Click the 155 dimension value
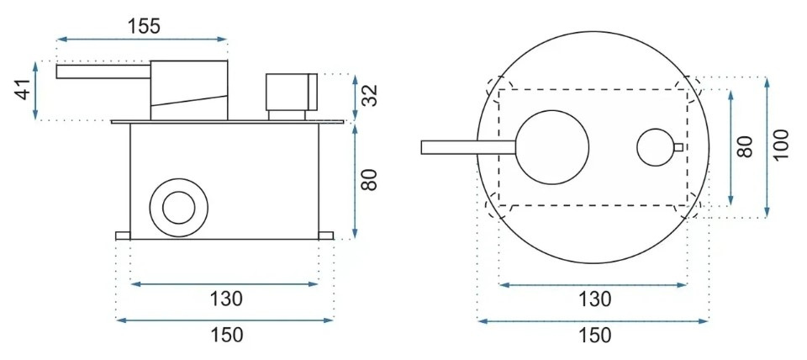pyautogui.click(x=144, y=25)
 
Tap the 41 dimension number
pyautogui.click(x=23, y=89)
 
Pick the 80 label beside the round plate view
pyautogui.click(x=744, y=146)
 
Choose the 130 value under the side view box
pyautogui.click(x=226, y=298)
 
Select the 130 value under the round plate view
pyautogui.click(x=594, y=298)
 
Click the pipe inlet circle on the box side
pyautogui.click(x=178, y=207)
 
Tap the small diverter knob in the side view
pyautogui.click(x=291, y=92)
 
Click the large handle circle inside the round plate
pyautogui.click(x=552, y=148)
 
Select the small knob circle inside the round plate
pyautogui.click(x=656, y=147)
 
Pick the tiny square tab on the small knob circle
pyautogui.click(x=678, y=147)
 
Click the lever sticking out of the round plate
pyautogui.click(x=467, y=148)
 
